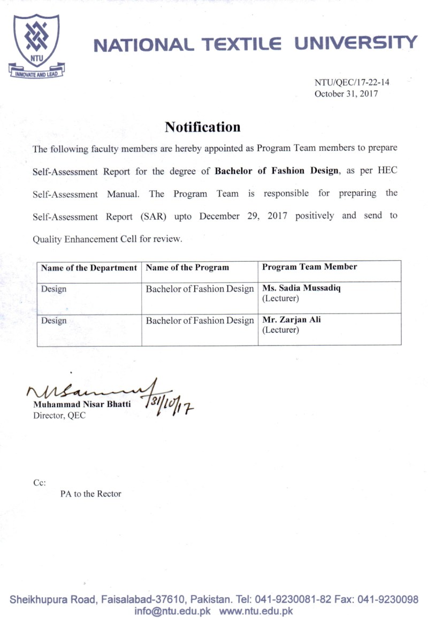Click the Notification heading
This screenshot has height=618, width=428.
click(202, 127)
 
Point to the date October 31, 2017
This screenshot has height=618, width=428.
click(346, 93)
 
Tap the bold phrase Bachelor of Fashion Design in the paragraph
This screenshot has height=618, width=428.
click(277, 171)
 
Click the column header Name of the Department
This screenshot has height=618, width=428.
click(89, 268)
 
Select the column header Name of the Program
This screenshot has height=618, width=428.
click(187, 268)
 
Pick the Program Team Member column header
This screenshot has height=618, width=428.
click(310, 267)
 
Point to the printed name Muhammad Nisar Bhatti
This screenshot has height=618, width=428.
click(81, 405)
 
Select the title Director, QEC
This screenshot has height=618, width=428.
click(59, 416)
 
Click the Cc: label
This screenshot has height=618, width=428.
click(40, 482)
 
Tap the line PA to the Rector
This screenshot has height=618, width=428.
click(90, 494)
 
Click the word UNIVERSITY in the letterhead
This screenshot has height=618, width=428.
click(355, 43)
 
